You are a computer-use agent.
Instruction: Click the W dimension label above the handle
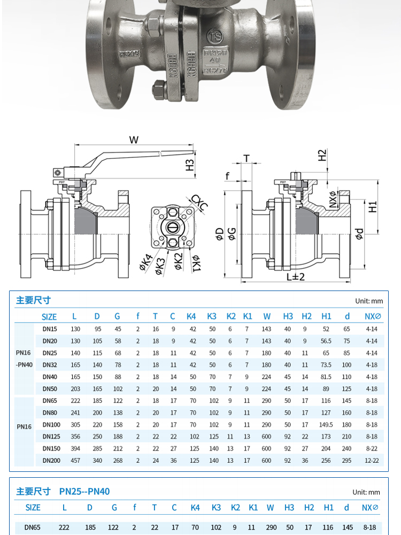click(134, 140)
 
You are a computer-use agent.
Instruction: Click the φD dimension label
click(219, 234)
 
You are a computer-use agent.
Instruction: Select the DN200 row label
click(51, 460)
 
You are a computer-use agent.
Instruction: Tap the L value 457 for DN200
click(75, 460)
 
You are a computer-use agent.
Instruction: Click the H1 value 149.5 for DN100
click(326, 425)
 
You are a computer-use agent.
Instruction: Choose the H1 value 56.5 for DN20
click(326, 341)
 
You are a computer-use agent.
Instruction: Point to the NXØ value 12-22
click(371, 460)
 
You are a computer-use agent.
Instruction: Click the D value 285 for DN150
click(97, 448)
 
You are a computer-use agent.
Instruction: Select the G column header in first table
click(117, 316)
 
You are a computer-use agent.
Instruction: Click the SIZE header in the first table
click(49, 317)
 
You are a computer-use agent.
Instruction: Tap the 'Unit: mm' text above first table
click(369, 301)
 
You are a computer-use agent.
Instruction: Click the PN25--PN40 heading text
click(84, 491)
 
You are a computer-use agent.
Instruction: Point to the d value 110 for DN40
click(347, 377)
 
